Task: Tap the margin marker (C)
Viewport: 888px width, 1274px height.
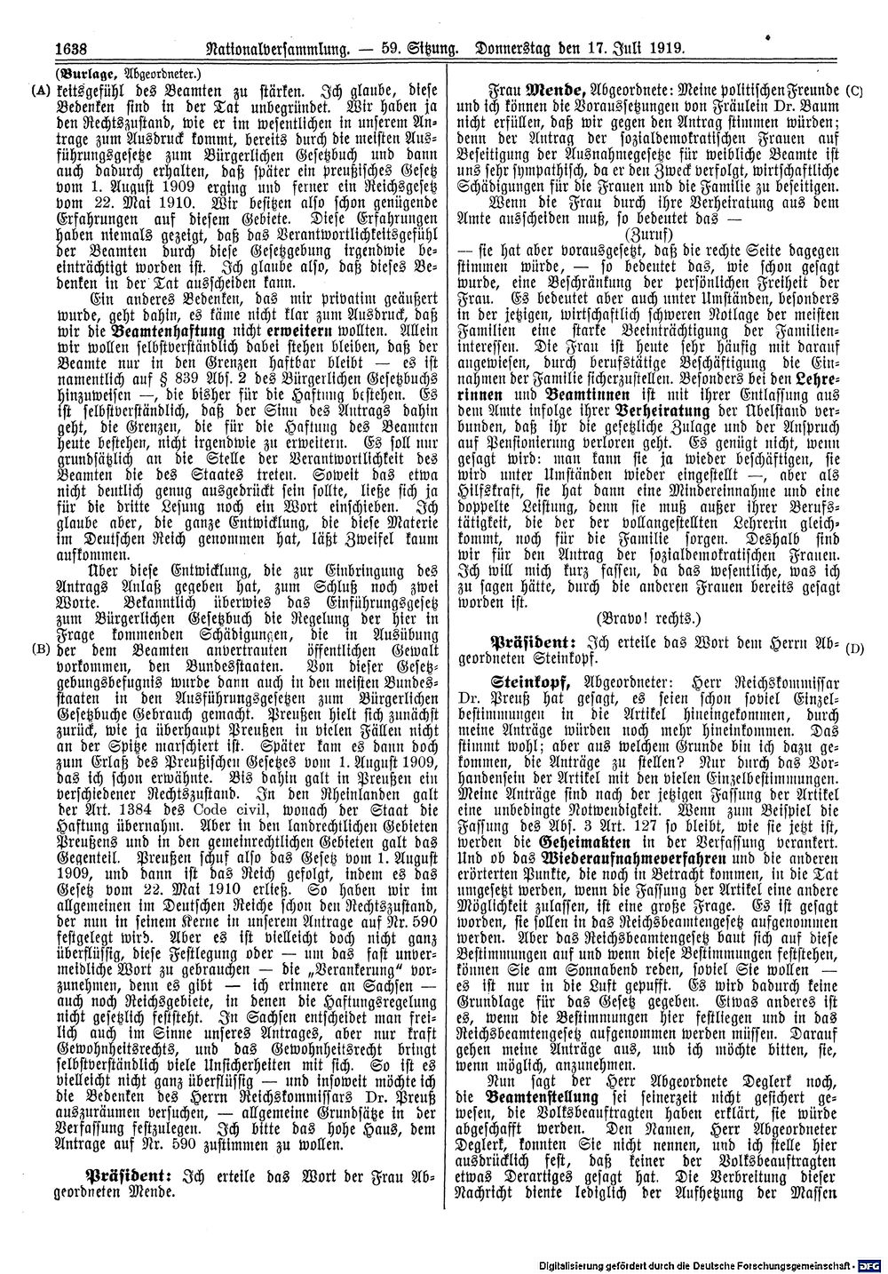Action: click(x=855, y=91)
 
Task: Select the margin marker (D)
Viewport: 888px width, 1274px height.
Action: click(x=855, y=649)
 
